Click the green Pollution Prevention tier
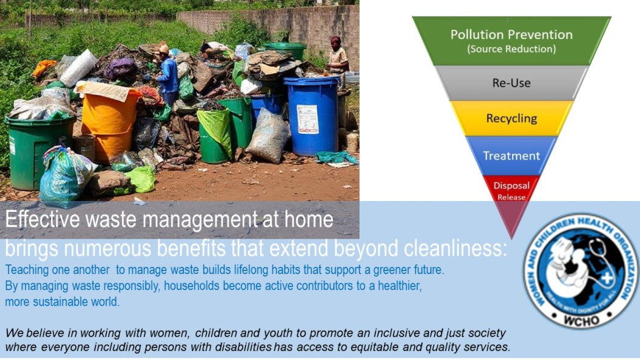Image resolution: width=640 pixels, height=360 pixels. (511, 40)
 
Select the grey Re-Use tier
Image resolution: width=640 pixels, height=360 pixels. (511, 83)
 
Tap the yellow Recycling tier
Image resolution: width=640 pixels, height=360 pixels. (511, 118)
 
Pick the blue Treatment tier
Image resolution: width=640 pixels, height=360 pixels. (511, 155)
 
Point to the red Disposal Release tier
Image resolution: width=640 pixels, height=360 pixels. (511, 189)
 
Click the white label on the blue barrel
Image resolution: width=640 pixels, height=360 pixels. (307, 119)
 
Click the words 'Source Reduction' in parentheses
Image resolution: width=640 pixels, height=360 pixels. (511, 49)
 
